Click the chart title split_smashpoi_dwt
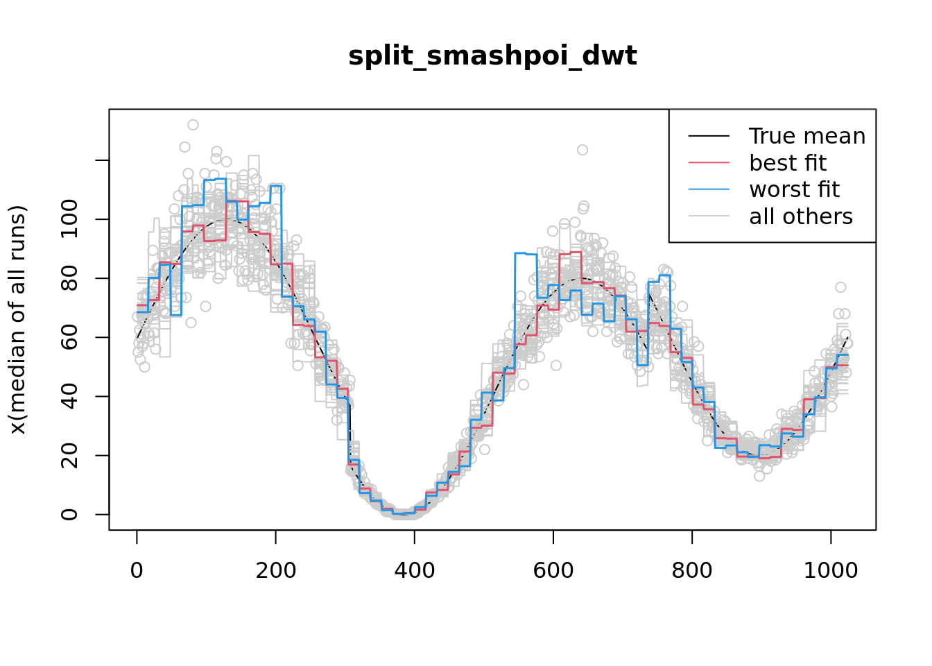coord(492,56)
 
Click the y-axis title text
coord(17,320)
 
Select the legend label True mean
coord(806,137)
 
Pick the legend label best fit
coord(787,163)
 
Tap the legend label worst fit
coord(794,189)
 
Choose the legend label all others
coord(800,216)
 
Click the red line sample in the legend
coord(709,163)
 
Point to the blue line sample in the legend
coord(709,189)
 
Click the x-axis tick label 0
coord(137,571)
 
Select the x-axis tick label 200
coord(275,571)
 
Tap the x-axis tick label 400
coord(414,571)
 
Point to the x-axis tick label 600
coord(553,571)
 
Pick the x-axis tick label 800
coord(691,571)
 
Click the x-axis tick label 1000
coord(830,571)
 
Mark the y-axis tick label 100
coord(69,219)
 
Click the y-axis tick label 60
coord(69,337)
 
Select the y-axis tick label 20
coord(69,455)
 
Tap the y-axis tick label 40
coord(69,396)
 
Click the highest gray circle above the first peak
coord(193,125)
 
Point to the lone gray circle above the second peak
coord(582,150)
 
